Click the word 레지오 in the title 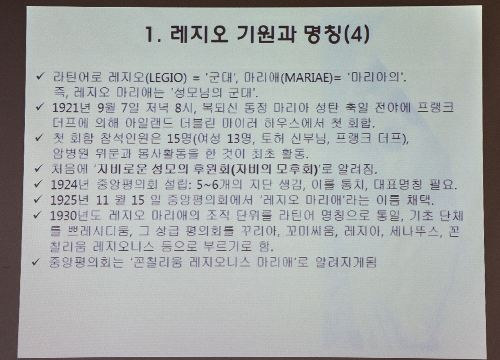(x=199, y=34)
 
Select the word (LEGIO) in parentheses (x=166, y=77)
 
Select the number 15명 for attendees (x=179, y=138)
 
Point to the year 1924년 (x=70, y=184)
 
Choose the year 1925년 (x=69, y=200)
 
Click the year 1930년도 (x=75, y=216)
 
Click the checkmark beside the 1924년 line (x=38, y=184)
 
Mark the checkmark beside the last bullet (x=36, y=262)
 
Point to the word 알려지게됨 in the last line (x=346, y=262)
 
